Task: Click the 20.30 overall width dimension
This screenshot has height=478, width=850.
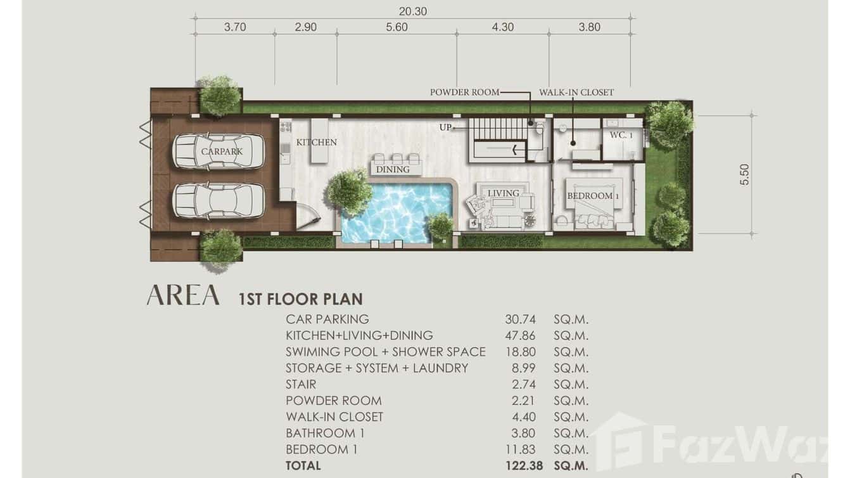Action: click(412, 11)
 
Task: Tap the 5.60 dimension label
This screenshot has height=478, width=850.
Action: click(396, 27)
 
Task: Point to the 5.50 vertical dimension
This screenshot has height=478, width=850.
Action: click(745, 174)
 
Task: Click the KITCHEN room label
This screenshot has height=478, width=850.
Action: click(317, 143)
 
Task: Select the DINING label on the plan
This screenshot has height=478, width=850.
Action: click(393, 169)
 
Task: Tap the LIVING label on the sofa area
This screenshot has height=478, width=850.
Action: click(503, 193)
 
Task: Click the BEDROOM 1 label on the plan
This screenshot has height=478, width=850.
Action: click(593, 196)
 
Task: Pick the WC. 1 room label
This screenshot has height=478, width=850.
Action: click(621, 135)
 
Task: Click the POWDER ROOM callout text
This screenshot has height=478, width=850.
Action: click(464, 93)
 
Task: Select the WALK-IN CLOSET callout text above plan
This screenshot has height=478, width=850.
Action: click(576, 93)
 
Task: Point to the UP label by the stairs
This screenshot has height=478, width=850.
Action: click(445, 127)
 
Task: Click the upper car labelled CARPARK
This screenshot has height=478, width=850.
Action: click(218, 151)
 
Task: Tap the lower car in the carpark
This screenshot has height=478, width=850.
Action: click(218, 201)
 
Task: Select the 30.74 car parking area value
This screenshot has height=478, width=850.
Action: click(520, 320)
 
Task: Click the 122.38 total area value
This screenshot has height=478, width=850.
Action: click(524, 465)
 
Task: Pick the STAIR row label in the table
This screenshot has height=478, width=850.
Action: click(301, 384)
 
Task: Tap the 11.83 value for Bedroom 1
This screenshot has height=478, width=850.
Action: click(520, 449)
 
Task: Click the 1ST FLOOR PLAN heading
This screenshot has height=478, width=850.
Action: click(300, 299)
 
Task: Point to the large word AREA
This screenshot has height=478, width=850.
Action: click(183, 295)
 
